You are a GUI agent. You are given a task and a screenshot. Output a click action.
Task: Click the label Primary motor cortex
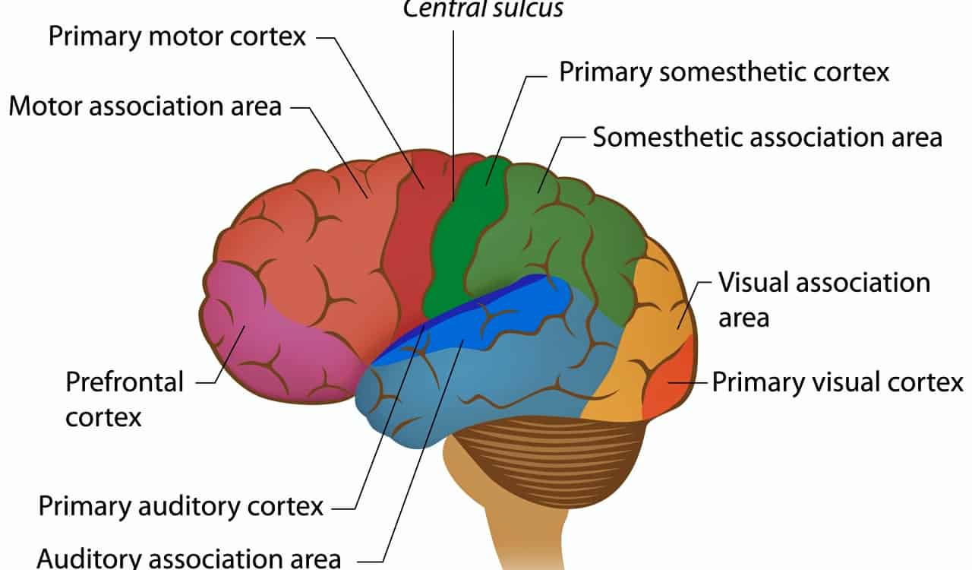[x=177, y=36]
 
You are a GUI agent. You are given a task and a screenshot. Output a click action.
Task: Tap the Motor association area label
[x=145, y=106]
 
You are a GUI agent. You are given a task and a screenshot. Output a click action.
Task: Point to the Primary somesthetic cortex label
[x=724, y=72]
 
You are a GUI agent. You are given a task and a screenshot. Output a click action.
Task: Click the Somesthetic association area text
[x=767, y=138]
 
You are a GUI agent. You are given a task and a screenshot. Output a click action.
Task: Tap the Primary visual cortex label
[x=837, y=382]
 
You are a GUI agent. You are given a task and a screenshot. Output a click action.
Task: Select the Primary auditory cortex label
[x=181, y=505]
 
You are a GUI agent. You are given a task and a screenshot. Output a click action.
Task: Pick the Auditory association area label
[x=188, y=557]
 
